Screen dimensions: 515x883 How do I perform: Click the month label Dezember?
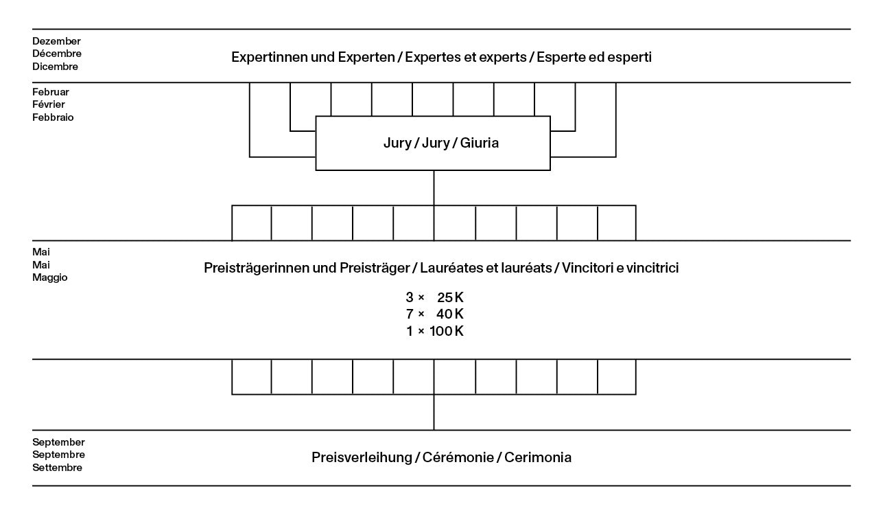coord(56,41)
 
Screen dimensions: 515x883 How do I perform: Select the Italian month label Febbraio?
coord(53,117)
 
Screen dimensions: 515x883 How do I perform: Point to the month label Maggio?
coord(49,278)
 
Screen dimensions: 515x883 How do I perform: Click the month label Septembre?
coord(58,455)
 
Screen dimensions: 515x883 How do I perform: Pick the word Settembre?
coord(57,468)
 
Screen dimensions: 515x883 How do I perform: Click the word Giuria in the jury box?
coord(480,144)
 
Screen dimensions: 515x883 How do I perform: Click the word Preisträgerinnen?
coord(255,268)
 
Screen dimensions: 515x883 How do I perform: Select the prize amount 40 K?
coord(451,314)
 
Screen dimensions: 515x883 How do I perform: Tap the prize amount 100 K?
coord(447,331)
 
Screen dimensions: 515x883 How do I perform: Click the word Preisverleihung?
coord(361,458)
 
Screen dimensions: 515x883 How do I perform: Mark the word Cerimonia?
coord(538,458)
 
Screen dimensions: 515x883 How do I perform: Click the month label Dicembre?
coord(55,67)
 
